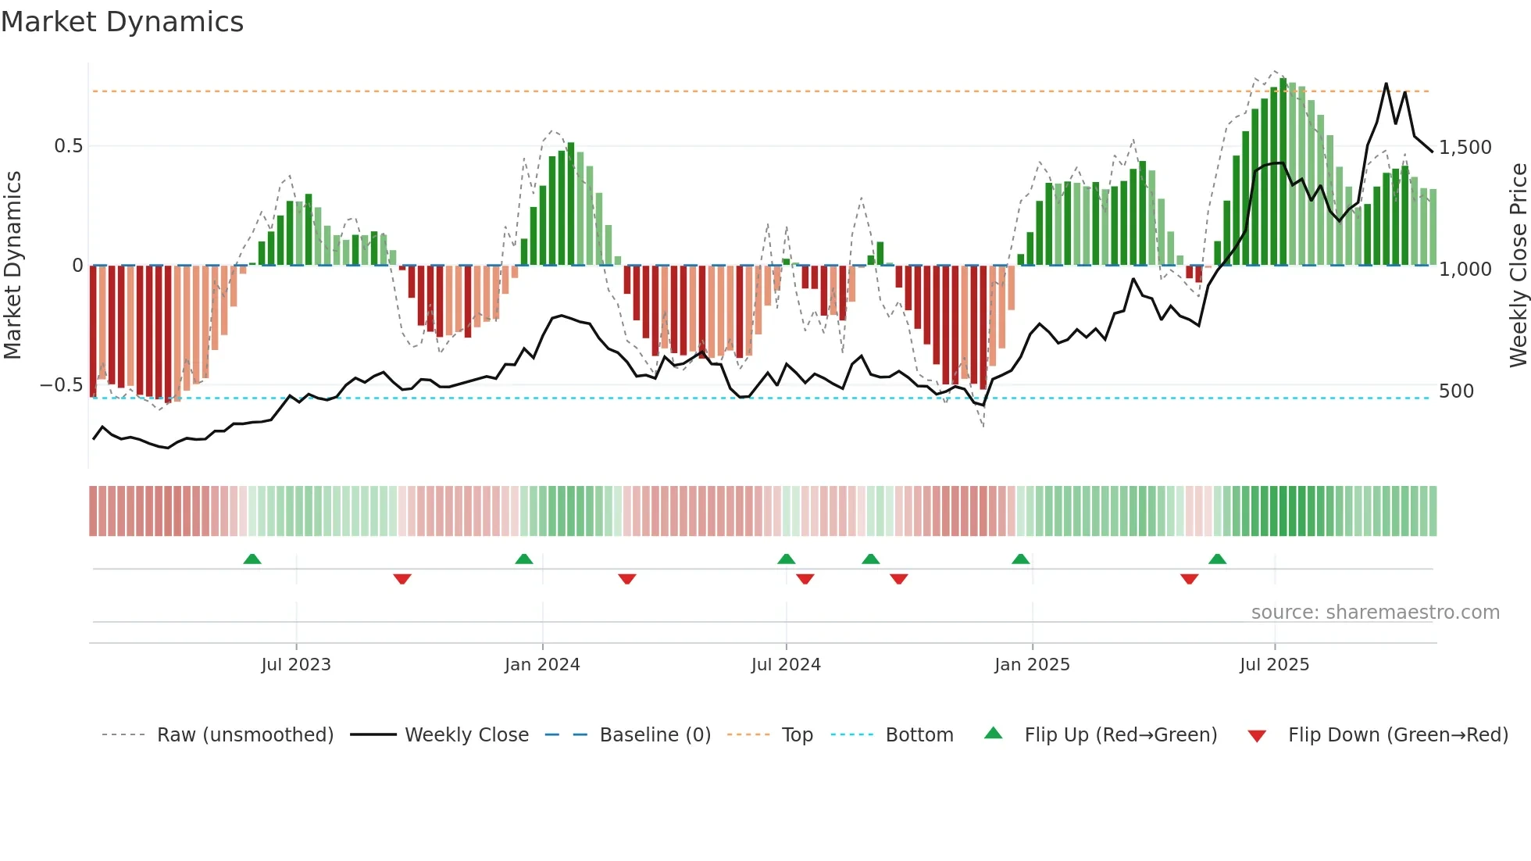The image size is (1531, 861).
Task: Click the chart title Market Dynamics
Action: click(122, 22)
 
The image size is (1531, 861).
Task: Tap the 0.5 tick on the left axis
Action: click(68, 146)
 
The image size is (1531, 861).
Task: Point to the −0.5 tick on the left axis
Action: click(61, 385)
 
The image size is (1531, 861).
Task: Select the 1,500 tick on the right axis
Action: click(1465, 148)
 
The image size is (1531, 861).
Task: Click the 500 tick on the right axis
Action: click(1456, 391)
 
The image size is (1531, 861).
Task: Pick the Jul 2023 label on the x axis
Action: click(296, 665)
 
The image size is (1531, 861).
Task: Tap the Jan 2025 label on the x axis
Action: click(1032, 665)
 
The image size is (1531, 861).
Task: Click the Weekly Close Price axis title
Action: click(1518, 266)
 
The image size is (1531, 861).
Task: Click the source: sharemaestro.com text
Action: click(1375, 613)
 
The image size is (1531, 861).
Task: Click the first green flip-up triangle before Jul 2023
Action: click(252, 559)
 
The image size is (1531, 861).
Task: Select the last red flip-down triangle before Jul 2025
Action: click(1189, 579)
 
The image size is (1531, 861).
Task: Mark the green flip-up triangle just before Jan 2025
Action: click(1020, 559)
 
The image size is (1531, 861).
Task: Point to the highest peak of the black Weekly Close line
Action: click(1386, 84)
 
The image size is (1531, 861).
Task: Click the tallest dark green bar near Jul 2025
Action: click(1283, 172)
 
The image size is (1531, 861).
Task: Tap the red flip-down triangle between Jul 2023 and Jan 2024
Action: click(402, 579)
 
